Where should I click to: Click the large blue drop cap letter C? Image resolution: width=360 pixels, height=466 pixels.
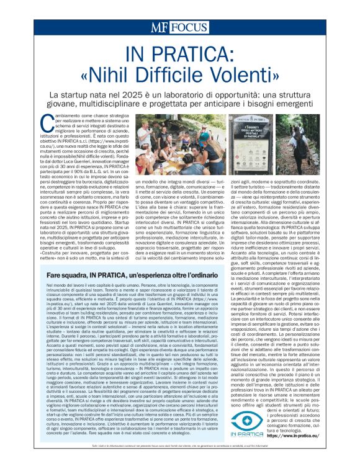(45, 122)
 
